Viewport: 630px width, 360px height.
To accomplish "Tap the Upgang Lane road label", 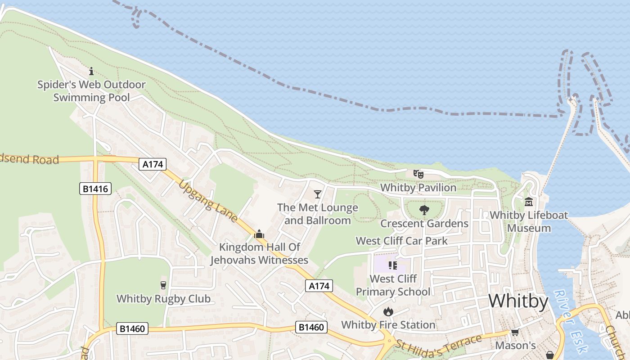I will tap(208, 202).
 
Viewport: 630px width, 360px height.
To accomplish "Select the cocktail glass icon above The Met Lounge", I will tap(318, 194).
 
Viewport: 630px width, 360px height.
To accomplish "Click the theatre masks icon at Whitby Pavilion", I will tap(418, 174).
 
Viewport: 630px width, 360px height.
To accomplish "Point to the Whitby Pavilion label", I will tap(418, 187).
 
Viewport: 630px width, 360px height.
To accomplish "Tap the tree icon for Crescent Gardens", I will tap(424, 210).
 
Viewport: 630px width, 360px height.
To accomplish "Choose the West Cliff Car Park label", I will tap(401, 241).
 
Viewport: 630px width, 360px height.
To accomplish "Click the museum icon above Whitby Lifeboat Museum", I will tap(529, 202).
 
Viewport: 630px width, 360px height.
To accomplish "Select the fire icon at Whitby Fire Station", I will tap(388, 311).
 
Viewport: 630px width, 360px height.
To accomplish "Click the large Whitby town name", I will tap(518, 301).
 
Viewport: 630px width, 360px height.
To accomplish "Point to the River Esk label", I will tap(570, 320).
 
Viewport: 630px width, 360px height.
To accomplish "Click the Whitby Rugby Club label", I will tap(163, 298).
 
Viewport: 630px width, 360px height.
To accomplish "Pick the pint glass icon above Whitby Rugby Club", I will tap(163, 285).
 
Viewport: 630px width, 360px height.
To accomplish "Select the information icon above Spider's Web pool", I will tap(91, 71).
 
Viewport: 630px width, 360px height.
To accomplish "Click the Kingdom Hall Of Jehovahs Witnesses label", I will tap(259, 253).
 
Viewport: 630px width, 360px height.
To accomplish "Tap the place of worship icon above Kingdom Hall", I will tap(259, 234).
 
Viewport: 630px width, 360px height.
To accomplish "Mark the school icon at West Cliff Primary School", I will tap(393, 265).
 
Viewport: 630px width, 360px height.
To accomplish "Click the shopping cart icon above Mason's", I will tap(515, 332).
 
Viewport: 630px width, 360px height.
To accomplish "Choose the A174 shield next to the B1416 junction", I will tap(153, 164).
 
